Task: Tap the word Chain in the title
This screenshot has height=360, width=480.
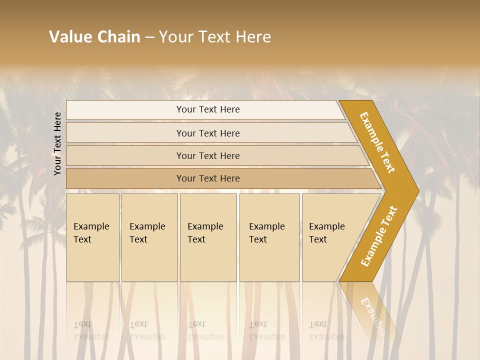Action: click(119, 37)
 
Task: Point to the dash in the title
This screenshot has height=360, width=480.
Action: click(149, 37)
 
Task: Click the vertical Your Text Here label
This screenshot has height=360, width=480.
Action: click(58, 143)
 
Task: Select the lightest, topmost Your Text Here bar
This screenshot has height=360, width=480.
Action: click(208, 110)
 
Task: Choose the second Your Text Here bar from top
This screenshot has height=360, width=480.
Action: click(208, 133)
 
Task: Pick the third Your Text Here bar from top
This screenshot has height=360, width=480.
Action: click(208, 156)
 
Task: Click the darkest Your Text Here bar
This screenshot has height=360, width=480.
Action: click(208, 178)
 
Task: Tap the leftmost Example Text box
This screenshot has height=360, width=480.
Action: click(92, 237)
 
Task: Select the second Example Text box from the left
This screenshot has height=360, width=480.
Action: click(149, 237)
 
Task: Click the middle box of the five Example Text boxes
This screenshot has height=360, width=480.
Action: click(208, 237)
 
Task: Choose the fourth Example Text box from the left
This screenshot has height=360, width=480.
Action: click(269, 237)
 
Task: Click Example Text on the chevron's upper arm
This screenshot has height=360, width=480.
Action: click(377, 142)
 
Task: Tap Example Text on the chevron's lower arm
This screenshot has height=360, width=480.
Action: click(378, 236)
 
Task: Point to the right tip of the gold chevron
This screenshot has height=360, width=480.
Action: click(418, 190)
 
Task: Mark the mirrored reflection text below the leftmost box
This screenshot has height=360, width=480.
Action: click(91, 331)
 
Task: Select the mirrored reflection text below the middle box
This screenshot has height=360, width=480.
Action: click(205, 331)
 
